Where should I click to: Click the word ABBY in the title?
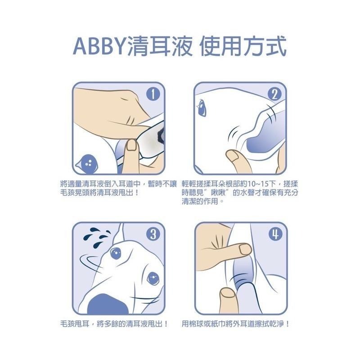coord(99,46)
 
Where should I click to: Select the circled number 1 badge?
coord(154,94)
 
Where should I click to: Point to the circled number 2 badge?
coord(274,94)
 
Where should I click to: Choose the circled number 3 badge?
coord(153,234)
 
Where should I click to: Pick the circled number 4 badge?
coord(274,234)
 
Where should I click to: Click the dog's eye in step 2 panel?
coord(201,108)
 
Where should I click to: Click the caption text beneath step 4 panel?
coord(235,324)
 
